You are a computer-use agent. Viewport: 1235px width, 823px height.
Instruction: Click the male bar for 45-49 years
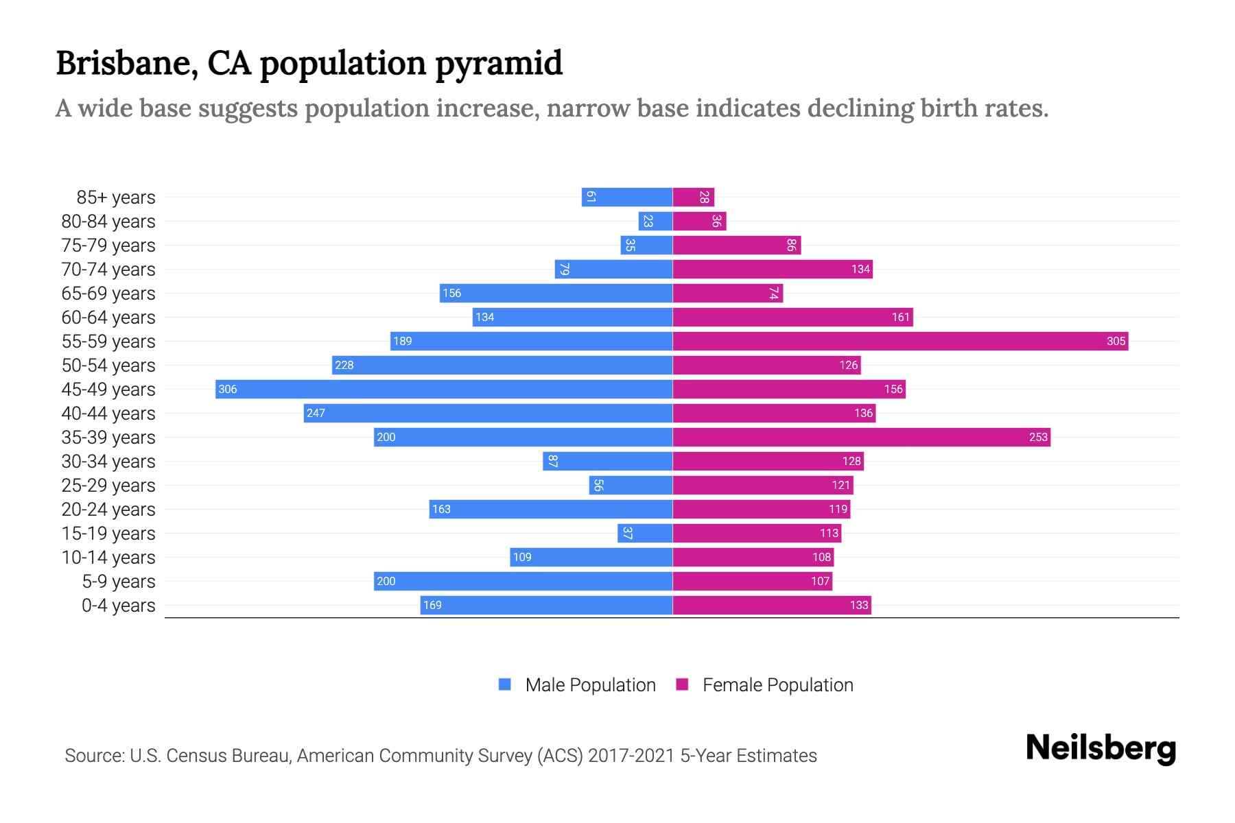click(x=443, y=390)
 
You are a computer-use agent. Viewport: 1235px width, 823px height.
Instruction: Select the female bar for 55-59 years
click(x=900, y=342)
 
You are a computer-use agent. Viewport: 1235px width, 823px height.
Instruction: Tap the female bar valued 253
click(x=861, y=438)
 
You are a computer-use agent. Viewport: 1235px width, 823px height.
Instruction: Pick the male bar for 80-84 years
click(x=655, y=222)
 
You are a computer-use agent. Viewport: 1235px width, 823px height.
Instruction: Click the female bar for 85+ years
click(x=693, y=198)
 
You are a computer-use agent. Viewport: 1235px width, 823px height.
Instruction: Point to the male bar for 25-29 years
click(x=631, y=486)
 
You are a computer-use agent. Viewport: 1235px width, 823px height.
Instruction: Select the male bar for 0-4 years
click(x=546, y=606)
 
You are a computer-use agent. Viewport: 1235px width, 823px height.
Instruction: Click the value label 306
click(x=227, y=390)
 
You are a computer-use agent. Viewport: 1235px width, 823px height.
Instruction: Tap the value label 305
click(x=1116, y=342)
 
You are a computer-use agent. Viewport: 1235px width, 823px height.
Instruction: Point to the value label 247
click(x=316, y=414)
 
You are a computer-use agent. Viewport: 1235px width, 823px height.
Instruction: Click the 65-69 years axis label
click(x=108, y=294)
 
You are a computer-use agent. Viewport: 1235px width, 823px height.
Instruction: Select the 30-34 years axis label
click(x=108, y=462)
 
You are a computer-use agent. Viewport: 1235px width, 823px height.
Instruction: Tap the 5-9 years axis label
click(x=118, y=582)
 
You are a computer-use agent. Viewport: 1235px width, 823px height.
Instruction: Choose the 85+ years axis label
click(x=115, y=198)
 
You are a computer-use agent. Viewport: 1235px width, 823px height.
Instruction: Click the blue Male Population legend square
click(x=505, y=684)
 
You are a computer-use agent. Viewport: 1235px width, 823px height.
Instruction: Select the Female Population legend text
click(x=777, y=685)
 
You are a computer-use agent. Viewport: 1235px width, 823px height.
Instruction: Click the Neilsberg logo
click(x=1101, y=748)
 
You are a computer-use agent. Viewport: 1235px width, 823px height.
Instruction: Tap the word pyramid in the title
click(x=499, y=64)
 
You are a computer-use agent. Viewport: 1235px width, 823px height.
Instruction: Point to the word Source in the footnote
click(x=93, y=756)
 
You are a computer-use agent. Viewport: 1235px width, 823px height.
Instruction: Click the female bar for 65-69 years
click(x=727, y=294)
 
